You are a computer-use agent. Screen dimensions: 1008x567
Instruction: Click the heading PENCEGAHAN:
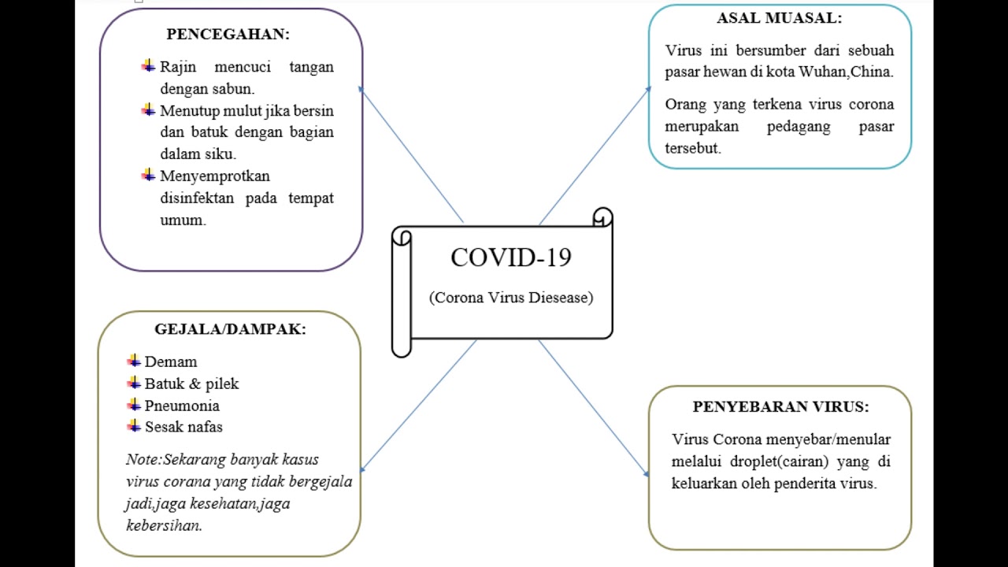click(228, 35)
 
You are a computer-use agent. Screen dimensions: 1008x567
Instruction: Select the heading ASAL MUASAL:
click(779, 18)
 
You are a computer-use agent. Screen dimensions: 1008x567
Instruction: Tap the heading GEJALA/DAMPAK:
click(230, 329)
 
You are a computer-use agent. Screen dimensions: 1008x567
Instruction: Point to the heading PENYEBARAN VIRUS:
click(780, 407)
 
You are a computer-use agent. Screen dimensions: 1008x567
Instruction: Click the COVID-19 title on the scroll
click(510, 258)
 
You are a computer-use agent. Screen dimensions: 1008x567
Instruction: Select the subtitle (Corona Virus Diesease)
click(510, 298)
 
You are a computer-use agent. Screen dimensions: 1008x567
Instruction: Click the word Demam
click(171, 362)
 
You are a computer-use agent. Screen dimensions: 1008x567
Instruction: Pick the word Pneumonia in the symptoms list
click(182, 406)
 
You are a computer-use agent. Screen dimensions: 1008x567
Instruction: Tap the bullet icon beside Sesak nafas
click(134, 426)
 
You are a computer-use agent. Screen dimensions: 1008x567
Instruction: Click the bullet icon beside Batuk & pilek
click(134, 383)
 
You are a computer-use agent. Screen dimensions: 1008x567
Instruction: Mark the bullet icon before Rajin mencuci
click(148, 66)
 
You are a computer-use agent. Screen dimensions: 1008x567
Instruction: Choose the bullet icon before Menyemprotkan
click(148, 175)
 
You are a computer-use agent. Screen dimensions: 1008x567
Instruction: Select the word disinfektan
click(197, 198)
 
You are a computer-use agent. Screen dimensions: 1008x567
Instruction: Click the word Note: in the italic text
click(143, 460)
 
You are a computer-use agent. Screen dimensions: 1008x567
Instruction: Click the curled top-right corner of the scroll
click(602, 217)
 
